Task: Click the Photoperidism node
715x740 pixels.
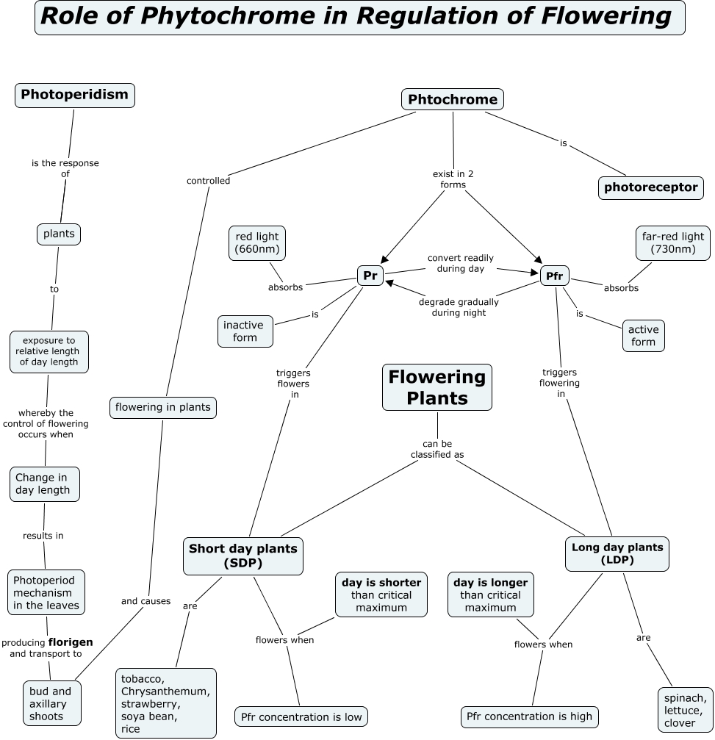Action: point(74,95)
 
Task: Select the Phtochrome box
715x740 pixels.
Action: point(453,100)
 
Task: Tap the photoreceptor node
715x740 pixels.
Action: point(650,187)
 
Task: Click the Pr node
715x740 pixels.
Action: point(370,276)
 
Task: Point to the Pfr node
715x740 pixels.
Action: point(555,276)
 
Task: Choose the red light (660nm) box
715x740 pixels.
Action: point(257,243)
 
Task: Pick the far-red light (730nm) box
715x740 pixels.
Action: point(672,243)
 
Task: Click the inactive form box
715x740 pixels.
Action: point(245,331)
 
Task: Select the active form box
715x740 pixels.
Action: point(643,336)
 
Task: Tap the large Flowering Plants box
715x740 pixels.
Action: point(437,387)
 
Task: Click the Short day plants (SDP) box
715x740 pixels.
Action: point(243,556)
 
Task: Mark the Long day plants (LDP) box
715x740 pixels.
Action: point(617,553)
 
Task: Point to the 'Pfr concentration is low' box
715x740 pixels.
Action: point(301,716)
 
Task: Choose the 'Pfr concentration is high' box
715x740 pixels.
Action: point(530,716)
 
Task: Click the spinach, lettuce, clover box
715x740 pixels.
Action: point(684,710)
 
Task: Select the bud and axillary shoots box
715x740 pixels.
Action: point(51,703)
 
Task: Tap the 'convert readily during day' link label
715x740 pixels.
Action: point(461,263)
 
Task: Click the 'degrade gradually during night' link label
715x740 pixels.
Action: point(459,307)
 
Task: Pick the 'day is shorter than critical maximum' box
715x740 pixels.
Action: point(381,594)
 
